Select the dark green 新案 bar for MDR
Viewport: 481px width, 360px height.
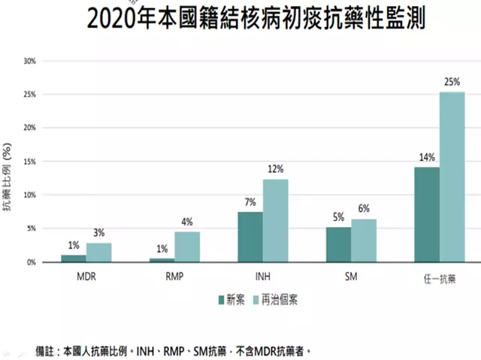coord(74,259)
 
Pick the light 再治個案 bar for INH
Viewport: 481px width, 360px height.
coord(275,220)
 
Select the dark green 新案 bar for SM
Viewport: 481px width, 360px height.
coord(338,244)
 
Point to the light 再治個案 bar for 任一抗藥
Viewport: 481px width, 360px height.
coord(452,177)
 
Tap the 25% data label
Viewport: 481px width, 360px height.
coord(452,80)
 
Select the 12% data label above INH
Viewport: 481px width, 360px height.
coord(275,168)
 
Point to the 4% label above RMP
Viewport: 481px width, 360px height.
coord(187,222)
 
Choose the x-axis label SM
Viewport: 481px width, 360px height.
coord(351,276)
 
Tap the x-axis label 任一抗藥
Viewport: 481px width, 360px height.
coord(440,277)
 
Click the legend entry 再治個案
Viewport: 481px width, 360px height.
coord(283,299)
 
